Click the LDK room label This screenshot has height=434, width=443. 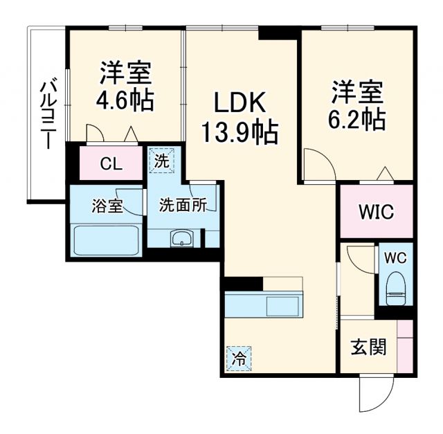pyautogui.click(x=239, y=104)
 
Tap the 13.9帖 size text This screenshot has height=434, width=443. pyautogui.click(x=239, y=130)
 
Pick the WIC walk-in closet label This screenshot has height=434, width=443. pyautogui.click(x=375, y=212)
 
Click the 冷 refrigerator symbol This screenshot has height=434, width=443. pyautogui.click(x=238, y=358)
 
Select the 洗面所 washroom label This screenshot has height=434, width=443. pyautogui.click(x=183, y=206)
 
